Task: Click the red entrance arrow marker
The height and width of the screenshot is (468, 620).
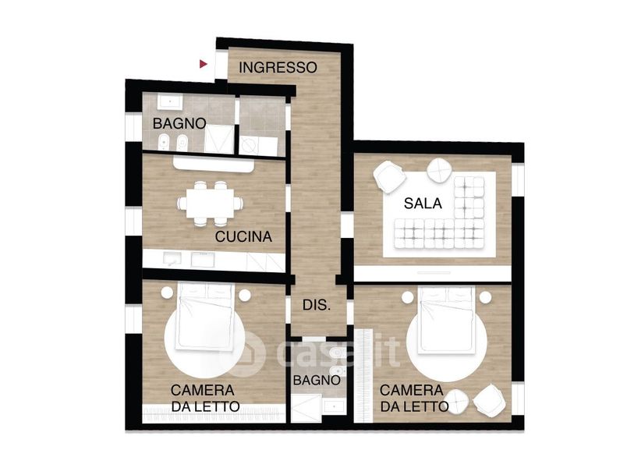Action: click(x=204, y=64)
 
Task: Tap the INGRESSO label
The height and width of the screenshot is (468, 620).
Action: click(x=278, y=68)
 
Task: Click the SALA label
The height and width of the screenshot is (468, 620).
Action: click(x=423, y=204)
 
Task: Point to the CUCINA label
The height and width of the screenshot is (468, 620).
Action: click(x=243, y=236)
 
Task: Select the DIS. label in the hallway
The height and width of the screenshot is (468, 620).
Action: click(x=317, y=305)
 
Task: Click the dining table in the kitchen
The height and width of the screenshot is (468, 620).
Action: click(x=210, y=203)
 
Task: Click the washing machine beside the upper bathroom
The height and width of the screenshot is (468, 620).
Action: click(x=249, y=146)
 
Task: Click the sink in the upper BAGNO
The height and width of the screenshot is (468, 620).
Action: click(x=170, y=101)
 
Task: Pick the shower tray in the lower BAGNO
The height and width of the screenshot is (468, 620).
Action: click(x=306, y=408)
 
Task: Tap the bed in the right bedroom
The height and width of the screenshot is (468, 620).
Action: click(x=447, y=319)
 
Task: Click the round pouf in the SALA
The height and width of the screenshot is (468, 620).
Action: click(x=439, y=170)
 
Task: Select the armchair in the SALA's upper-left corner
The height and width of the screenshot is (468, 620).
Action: click(x=389, y=176)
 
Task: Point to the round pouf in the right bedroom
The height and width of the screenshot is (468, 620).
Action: click(x=456, y=401)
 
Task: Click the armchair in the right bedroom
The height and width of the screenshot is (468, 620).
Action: click(x=489, y=401)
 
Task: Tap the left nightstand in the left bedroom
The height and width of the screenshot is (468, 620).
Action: click(x=167, y=292)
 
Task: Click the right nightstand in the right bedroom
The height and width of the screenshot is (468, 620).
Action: click(x=486, y=297)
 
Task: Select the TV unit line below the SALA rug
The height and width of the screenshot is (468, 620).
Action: click(x=434, y=272)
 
